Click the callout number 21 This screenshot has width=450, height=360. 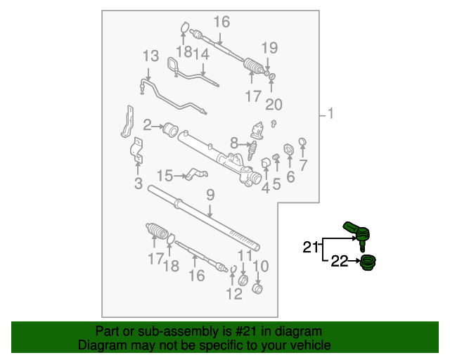click(x=311, y=247)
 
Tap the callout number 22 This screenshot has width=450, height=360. click(x=340, y=261)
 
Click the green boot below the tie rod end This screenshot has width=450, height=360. click(x=368, y=263)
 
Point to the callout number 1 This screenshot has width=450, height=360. click(x=331, y=113)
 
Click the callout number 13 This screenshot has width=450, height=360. click(x=151, y=56)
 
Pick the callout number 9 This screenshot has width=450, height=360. click(x=210, y=195)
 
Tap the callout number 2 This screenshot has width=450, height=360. click(x=147, y=125)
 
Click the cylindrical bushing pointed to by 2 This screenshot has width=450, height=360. click(x=170, y=130)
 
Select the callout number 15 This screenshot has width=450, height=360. click(x=165, y=175)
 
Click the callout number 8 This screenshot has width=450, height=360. click(x=234, y=143)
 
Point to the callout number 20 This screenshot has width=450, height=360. click(x=274, y=105)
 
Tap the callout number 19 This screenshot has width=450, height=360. click(x=270, y=48)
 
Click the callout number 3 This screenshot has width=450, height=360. click(x=139, y=184)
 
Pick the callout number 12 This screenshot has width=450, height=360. click(x=234, y=294)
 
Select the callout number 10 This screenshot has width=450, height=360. click(x=261, y=266)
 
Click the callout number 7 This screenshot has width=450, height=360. click(x=303, y=165)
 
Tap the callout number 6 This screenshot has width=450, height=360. click(x=290, y=177)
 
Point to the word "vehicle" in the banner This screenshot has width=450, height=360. click(x=312, y=345)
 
